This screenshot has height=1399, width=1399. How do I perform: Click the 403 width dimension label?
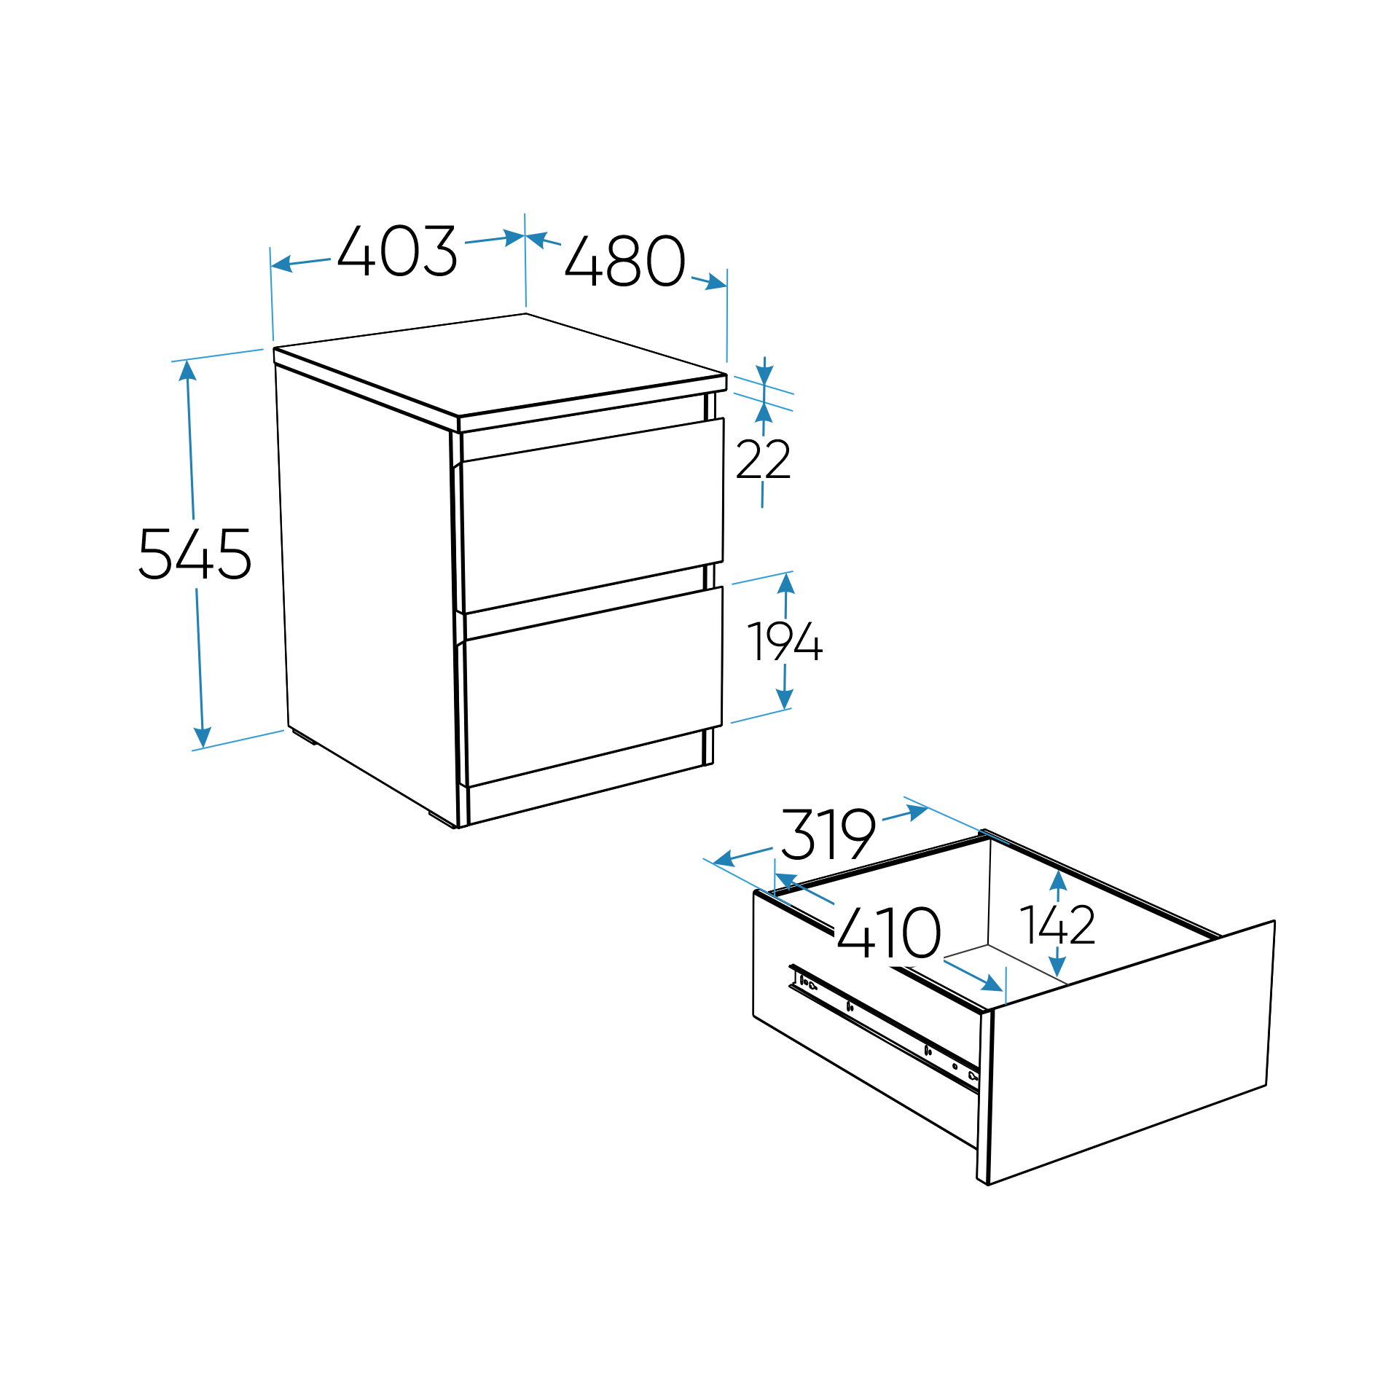point(397,251)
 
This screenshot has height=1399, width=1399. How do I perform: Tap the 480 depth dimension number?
point(625,260)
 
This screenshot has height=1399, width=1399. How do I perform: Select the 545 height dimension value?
point(195,554)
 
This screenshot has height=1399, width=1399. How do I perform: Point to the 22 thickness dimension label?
point(763,459)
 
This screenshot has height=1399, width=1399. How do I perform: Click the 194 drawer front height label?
point(785,641)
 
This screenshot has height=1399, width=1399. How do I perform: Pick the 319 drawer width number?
point(828,834)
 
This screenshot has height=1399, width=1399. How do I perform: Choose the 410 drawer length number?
point(889,933)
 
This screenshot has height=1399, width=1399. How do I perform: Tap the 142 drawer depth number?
point(1057,925)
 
